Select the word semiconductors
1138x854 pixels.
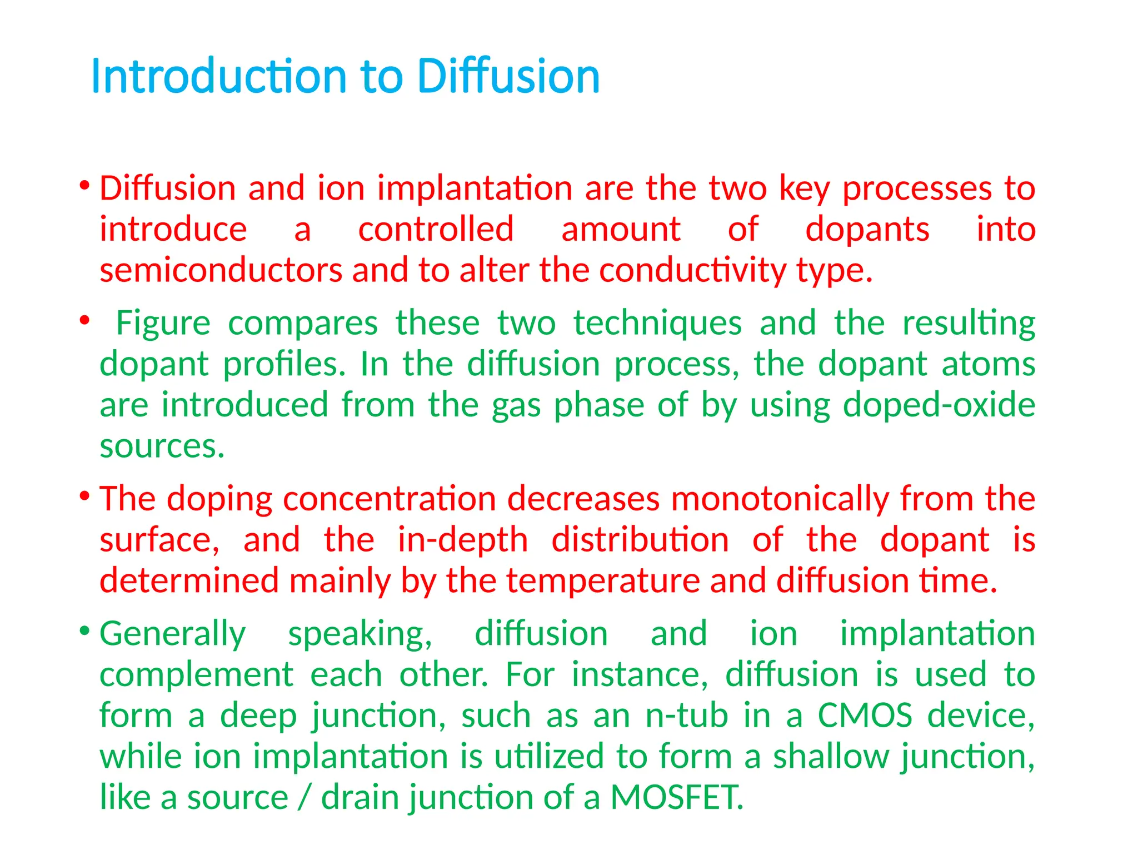point(221,271)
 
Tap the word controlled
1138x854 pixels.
point(436,230)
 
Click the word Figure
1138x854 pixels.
point(163,323)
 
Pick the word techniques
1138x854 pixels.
point(657,323)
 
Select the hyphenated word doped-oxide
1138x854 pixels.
point(939,405)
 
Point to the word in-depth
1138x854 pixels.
point(462,539)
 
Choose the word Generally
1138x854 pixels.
point(172,634)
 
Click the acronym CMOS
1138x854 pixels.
point(865,716)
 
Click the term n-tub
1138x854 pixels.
point(686,716)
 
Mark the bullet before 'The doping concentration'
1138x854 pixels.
point(84,495)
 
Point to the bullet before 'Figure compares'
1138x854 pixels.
point(84,320)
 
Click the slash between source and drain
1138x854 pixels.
point(304,797)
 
